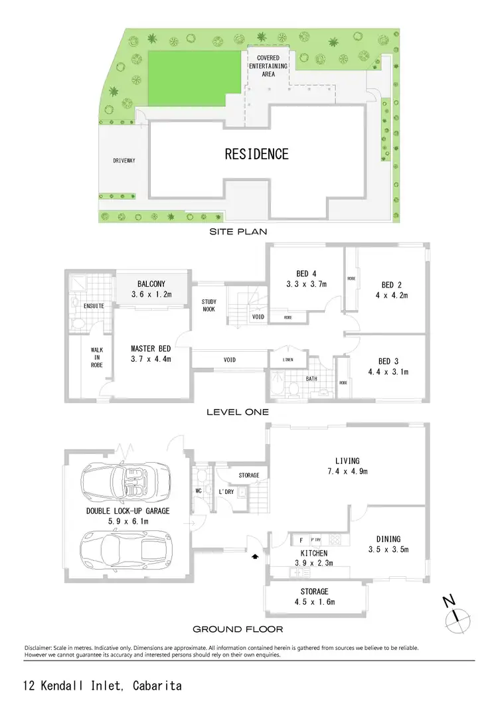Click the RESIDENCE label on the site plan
(256, 154)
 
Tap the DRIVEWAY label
(124, 161)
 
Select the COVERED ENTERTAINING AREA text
(268, 66)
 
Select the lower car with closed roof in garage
(126, 548)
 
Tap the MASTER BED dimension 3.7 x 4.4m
(151, 359)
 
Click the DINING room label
(388, 539)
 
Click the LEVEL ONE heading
(237, 412)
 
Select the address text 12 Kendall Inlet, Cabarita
(102, 685)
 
